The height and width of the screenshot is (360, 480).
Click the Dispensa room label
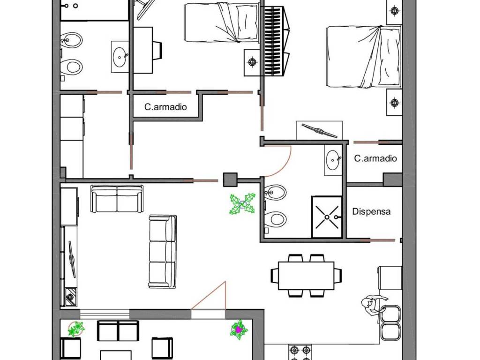point(371,211)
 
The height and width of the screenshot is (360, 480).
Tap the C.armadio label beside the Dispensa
point(375,158)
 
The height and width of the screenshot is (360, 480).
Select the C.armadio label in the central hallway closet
point(165,107)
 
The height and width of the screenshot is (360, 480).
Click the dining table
point(306,276)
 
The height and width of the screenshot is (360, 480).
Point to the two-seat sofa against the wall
point(117,199)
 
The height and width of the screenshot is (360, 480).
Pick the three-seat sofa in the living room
point(163,251)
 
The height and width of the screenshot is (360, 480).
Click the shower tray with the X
point(327,217)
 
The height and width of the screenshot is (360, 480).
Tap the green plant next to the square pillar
point(242,204)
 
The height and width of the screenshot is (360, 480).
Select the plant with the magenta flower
point(239,330)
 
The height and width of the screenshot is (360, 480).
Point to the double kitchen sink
point(390,322)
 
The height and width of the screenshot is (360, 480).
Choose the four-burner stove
point(300,352)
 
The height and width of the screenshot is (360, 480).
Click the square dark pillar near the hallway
point(230,180)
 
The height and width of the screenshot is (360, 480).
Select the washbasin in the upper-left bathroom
point(120,57)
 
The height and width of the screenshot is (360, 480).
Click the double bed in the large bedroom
point(364,57)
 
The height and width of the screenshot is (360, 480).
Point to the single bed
point(222,22)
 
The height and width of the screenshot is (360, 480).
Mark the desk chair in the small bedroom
point(157,50)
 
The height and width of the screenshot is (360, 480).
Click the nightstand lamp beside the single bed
point(252,62)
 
